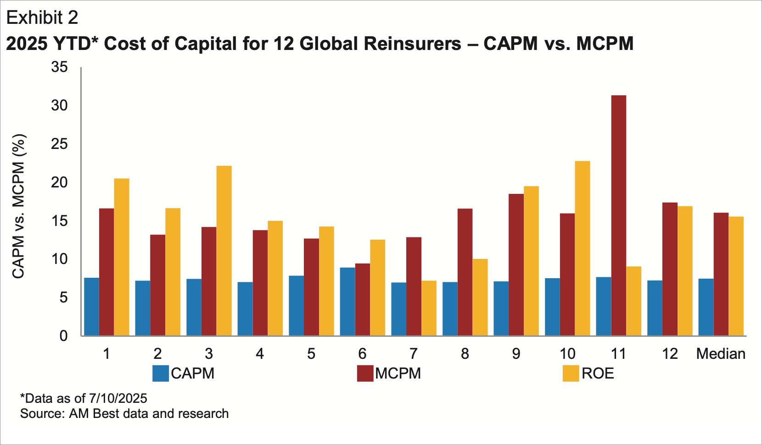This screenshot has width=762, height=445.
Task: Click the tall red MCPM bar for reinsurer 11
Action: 618,215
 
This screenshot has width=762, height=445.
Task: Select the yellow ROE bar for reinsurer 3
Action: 224,251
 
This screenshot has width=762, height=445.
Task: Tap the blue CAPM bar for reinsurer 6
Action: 347,302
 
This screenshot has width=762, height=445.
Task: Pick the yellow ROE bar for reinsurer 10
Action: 583,248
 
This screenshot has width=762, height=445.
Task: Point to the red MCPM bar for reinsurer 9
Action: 516,265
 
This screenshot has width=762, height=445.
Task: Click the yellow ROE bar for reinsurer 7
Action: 429,308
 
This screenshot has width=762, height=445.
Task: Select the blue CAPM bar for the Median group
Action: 706,307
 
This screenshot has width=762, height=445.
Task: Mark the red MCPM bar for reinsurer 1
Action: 106,272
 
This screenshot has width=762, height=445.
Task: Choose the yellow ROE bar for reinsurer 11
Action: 633,301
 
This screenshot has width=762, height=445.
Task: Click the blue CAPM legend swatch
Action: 161,374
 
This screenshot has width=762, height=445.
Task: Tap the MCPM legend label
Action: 398,374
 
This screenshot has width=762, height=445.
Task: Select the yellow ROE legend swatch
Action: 571,374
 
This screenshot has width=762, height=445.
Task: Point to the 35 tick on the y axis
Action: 59,67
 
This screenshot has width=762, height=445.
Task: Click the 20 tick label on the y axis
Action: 59,182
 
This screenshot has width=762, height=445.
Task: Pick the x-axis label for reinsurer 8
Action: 465,354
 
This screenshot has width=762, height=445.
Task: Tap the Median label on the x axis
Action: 721,354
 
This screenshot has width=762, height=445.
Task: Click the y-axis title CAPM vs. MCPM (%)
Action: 18,206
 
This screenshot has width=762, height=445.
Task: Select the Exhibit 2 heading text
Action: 42,18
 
